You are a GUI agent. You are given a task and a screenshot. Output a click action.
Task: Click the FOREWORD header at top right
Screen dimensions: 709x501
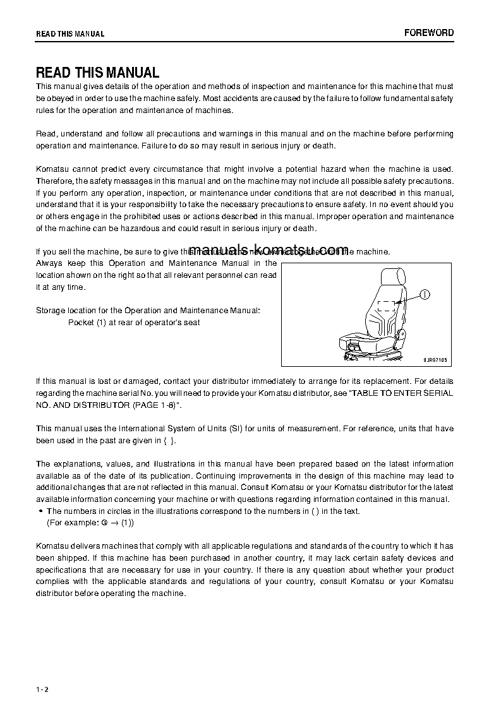click(x=429, y=33)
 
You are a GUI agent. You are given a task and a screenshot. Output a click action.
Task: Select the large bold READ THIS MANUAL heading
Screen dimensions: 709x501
click(x=97, y=73)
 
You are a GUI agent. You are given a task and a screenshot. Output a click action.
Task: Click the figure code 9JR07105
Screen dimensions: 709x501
click(x=435, y=359)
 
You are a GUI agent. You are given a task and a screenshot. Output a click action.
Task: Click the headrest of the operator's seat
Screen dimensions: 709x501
click(x=392, y=277)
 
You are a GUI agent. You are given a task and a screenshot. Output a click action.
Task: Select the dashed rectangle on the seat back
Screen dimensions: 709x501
click(x=386, y=307)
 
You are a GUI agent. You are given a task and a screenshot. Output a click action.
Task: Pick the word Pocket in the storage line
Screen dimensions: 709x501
click(x=80, y=322)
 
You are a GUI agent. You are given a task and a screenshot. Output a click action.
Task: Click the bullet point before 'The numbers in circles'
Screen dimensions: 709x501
click(x=40, y=511)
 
